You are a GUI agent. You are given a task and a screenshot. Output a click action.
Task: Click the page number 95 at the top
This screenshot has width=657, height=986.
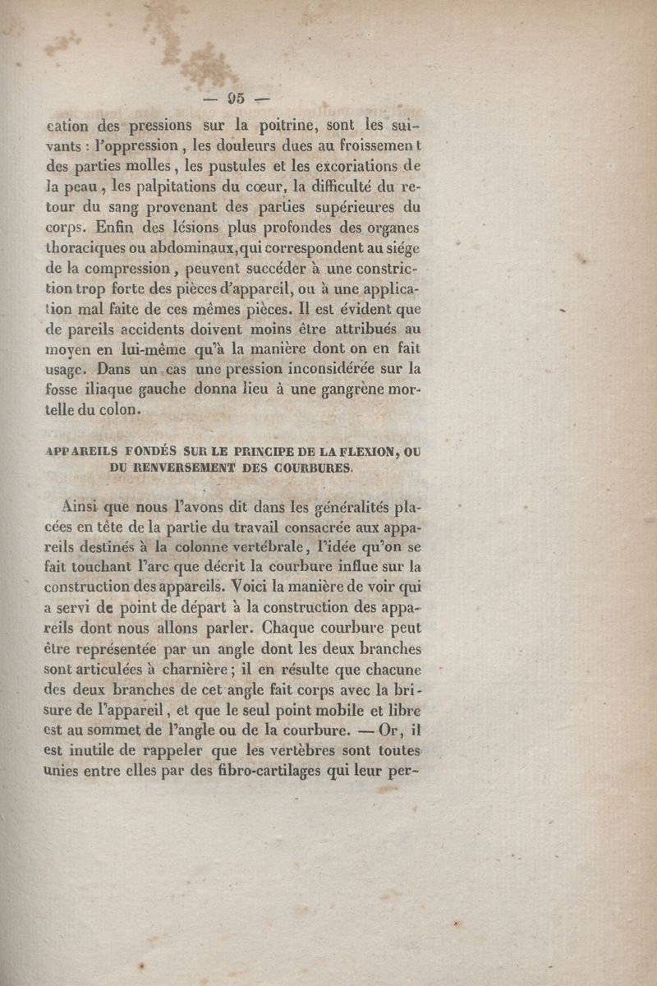coord(237,99)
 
